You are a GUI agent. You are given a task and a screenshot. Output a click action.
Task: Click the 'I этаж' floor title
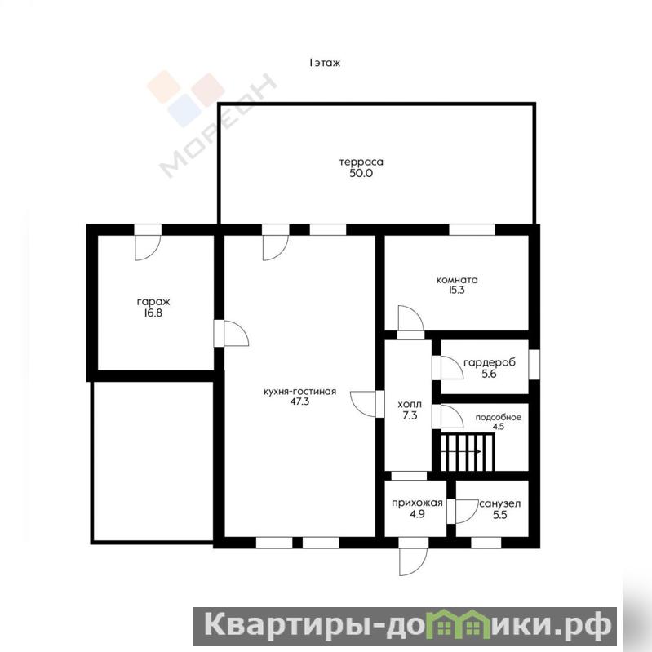point(325,63)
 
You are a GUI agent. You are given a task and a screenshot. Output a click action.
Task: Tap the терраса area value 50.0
point(361,173)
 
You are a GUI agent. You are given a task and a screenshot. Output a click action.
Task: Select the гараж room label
point(153,302)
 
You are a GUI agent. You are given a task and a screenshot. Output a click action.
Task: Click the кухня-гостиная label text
point(299,392)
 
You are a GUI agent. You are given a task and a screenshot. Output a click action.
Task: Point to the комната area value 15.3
point(457,291)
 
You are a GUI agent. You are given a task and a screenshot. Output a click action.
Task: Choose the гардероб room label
point(489,362)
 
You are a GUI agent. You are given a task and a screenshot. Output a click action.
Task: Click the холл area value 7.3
point(410,415)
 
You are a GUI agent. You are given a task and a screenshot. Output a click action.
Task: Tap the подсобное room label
point(498,418)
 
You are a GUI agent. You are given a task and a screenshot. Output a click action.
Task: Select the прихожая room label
point(417,503)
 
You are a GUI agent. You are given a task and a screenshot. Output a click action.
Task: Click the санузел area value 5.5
point(499,515)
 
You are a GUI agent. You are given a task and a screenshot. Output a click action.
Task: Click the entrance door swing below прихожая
point(413,561)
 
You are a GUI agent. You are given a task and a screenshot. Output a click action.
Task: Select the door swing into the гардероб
point(452,367)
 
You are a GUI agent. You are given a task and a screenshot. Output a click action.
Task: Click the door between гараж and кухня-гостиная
point(236,333)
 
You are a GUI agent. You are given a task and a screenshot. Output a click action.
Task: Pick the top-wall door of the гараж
point(148,248)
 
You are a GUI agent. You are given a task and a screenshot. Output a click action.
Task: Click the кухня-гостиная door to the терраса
point(275,248)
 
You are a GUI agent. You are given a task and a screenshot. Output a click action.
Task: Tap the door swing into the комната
point(410,318)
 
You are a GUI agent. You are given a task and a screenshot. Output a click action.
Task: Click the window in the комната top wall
point(472,229)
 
